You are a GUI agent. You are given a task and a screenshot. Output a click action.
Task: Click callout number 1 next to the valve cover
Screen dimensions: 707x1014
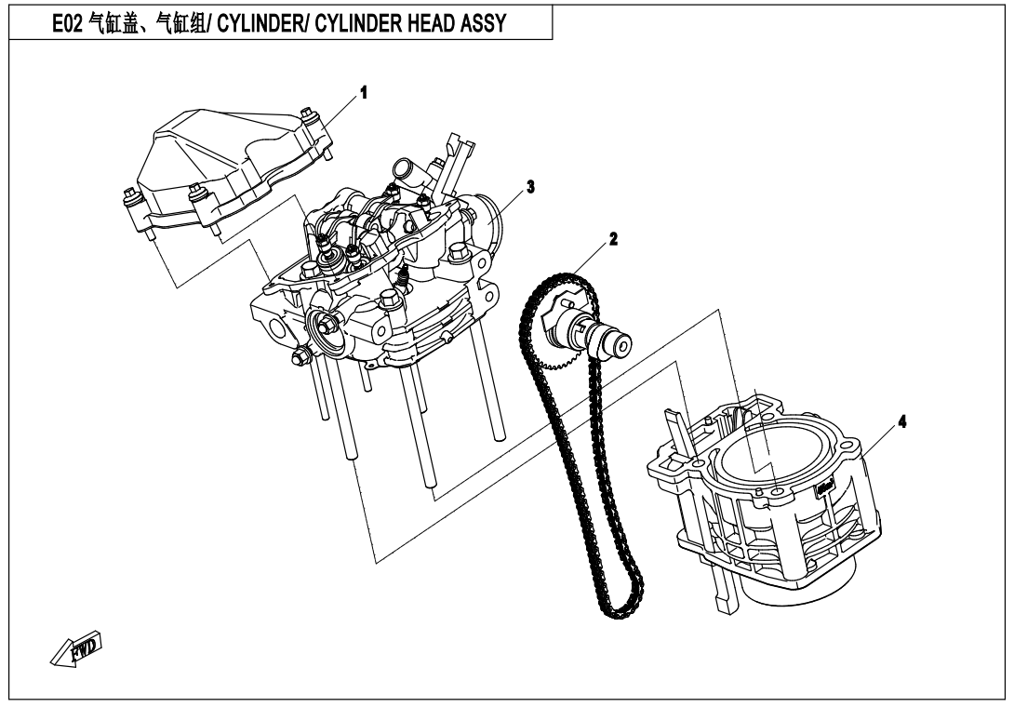pos(365,93)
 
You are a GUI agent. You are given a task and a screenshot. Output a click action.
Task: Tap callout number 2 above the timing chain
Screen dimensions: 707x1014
pos(613,239)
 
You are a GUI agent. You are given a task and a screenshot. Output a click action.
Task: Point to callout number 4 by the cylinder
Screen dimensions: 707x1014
pos(901,420)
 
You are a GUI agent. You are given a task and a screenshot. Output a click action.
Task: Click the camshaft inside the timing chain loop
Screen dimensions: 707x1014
pos(596,335)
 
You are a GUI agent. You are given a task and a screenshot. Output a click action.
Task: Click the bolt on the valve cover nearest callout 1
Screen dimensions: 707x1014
pos(311,119)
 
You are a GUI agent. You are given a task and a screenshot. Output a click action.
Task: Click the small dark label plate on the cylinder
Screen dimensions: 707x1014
pos(824,485)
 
